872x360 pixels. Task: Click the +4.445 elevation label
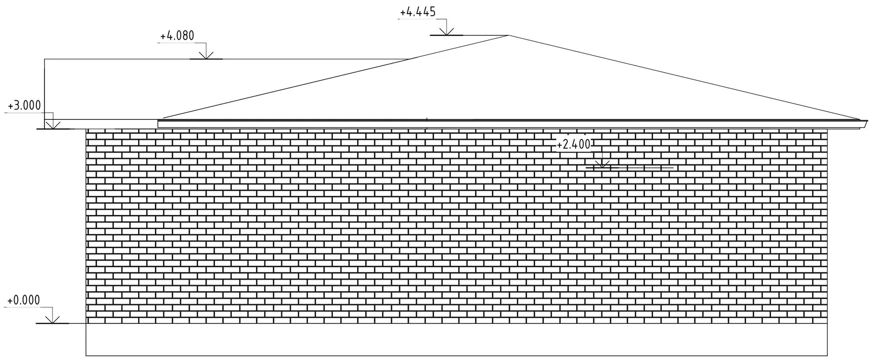point(418,12)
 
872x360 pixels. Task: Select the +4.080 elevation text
point(177,36)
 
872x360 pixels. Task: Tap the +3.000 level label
point(25,106)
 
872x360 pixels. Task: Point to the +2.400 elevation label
point(574,144)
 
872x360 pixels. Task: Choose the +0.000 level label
point(24,300)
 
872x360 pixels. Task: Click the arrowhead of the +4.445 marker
point(446,34)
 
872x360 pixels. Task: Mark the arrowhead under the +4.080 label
point(206,58)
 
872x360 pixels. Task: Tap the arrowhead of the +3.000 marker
point(53,128)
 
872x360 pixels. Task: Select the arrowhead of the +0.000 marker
point(53,322)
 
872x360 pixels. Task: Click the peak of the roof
point(509,35)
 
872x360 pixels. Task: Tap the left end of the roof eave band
point(159,124)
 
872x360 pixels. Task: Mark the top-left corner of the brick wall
point(86,129)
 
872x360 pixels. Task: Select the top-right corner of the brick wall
point(827,130)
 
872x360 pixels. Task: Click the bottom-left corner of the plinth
point(86,355)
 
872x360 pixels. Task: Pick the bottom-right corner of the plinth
point(827,355)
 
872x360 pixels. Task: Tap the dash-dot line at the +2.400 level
point(645,168)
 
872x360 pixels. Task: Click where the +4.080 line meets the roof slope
point(412,59)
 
